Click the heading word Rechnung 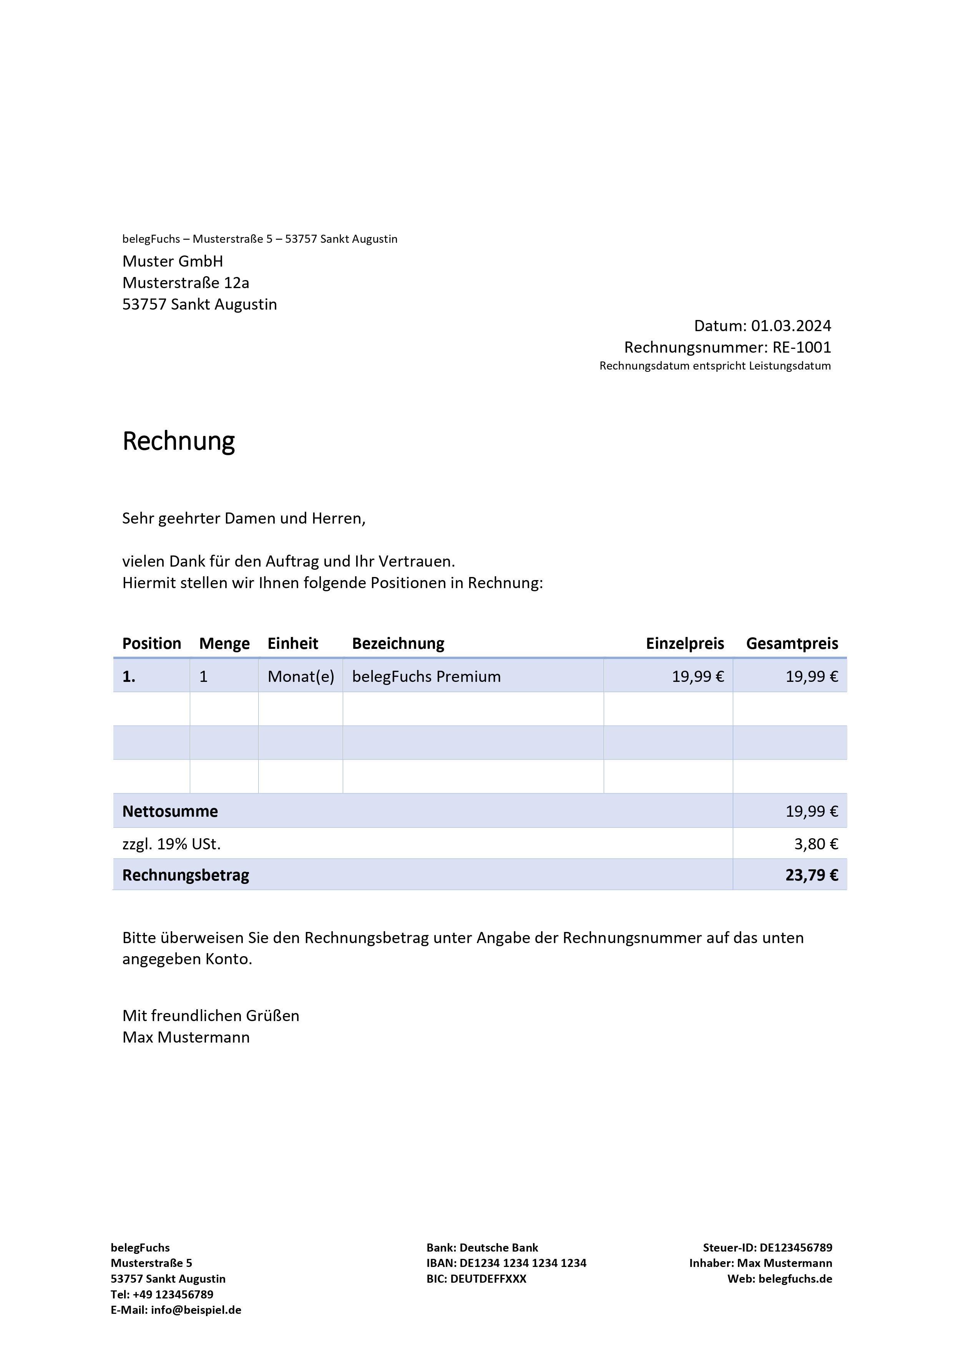[179, 441]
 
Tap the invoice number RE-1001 [802, 348]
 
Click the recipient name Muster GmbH [173, 261]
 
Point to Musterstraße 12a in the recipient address [186, 283]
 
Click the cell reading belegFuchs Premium [426, 676]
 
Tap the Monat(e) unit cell [301, 676]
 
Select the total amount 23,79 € [812, 875]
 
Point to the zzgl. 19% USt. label [171, 844]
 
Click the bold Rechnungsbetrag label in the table [186, 875]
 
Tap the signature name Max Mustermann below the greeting [186, 1038]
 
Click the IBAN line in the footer [506, 1263]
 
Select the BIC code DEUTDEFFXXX [488, 1279]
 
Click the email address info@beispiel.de [196, 1310]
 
